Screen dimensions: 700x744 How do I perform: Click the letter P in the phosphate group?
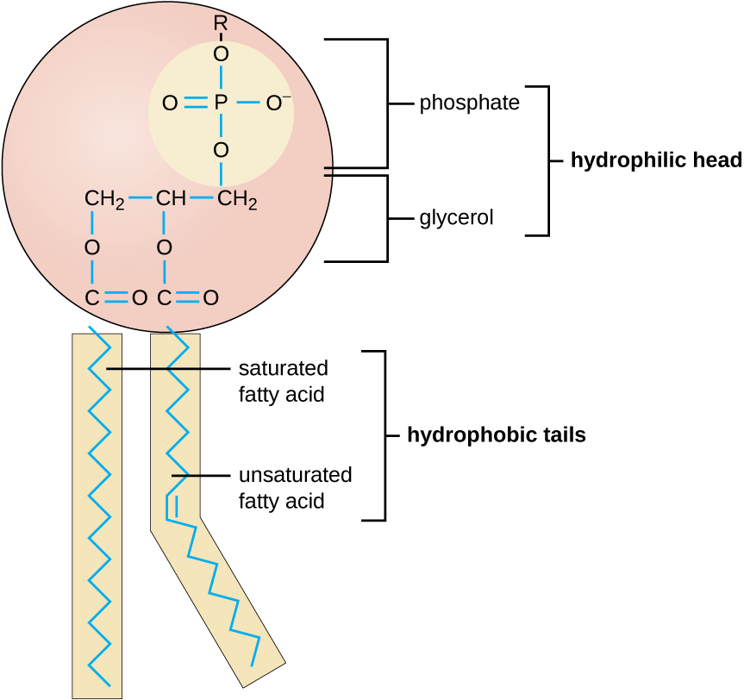(221, 104)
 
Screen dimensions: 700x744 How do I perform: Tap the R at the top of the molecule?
(221, 25)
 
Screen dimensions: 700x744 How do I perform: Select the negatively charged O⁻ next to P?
(277, 104)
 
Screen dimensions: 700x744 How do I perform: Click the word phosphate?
(469, 103)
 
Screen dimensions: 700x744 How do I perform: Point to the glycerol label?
(456, 218)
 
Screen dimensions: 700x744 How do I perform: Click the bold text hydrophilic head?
(655, 160)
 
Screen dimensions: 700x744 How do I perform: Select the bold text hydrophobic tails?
(496, 435)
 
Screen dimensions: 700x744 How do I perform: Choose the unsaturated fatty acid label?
(295, 487)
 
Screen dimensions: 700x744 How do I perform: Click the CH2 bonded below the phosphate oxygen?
(237, 200)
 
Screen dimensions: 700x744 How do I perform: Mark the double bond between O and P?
(196, 104)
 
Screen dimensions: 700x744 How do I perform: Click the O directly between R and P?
(221, 54)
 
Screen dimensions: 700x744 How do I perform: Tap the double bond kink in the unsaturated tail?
(172, 504)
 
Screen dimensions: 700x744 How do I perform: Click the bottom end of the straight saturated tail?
(110, 685)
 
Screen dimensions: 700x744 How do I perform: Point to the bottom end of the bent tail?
(252, 665)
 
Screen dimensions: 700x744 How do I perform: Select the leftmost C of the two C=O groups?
(92, 298)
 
